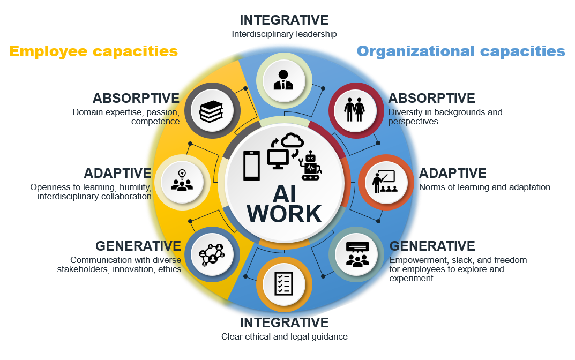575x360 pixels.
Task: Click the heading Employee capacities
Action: [x=93, y=51]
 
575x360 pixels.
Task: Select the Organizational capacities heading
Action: [x=461, y=51]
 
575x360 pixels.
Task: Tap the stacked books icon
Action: [x=212, y=111]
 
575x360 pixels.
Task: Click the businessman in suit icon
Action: [x=283, y=80]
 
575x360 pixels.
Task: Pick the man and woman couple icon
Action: [x=354, y=110]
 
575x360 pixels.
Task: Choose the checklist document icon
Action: [x=284, y=283]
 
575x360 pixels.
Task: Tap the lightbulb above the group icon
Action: [x=182, y=174]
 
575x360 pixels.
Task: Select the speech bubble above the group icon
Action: [x=357, y=247]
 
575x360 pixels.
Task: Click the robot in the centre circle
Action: [x=310, y=166]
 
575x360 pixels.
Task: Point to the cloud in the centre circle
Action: [x=292, y=140]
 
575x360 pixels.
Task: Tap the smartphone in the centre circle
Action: [x=251, y=166]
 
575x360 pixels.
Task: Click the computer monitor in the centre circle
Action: [x=278, y=159]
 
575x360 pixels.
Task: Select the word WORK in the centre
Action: [x=284, y=214]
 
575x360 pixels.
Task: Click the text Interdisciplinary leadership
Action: [x=284, y=34]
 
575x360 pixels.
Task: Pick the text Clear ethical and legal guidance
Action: [x=284, y=336]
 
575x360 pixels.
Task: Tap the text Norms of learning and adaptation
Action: [x=484, y=187]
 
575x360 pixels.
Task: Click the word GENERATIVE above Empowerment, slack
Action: [x=432, y=246]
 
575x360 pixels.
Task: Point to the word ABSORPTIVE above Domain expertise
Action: [x=136, y=98]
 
